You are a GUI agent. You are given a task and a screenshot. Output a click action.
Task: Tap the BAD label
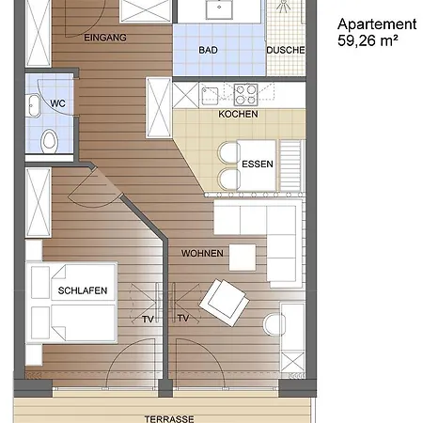(x=209, y=50)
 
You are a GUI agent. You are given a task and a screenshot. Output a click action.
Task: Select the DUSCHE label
(x=285, y=50)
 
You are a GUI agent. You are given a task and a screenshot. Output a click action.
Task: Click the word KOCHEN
(x=237, y=114)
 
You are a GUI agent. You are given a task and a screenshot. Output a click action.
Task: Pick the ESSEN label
(x=257, y=163)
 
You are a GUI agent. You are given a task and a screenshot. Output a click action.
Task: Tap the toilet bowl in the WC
(x=49, y=142)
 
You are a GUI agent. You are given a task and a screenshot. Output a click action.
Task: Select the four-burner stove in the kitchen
(x=246, y=94)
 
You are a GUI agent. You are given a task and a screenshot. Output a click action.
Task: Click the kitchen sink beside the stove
(x=209, y=94)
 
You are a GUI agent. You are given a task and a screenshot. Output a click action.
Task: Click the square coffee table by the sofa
(x=242, y=257)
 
